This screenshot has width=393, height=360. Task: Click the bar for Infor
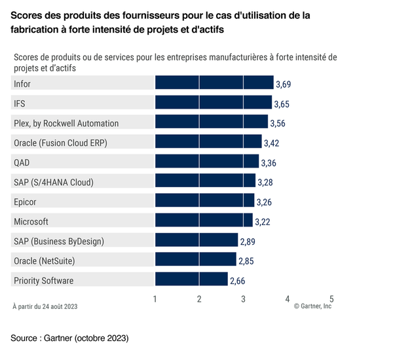tap(214, 83)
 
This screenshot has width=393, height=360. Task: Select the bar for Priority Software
tap(191, 281)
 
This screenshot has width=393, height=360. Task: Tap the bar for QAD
tap(207, 162)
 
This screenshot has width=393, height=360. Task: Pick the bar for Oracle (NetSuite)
tap(195, 261)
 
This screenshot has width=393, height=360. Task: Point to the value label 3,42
tap(272, 143)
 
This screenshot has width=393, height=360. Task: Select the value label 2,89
tap(248, 242)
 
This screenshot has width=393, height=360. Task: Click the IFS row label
tap(20, 103)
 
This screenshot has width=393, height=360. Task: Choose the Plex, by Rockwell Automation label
tap(66, 123)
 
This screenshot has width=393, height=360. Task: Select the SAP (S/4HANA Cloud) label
tap(54, 182)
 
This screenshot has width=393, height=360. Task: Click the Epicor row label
tap(26, 202)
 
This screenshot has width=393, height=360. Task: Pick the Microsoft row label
tap(31, 221)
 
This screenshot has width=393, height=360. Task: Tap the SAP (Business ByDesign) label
tap(58, 241)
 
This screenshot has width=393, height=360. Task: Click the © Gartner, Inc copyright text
tap(312, 306)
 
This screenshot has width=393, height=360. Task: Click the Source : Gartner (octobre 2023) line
tap(69, 338)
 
